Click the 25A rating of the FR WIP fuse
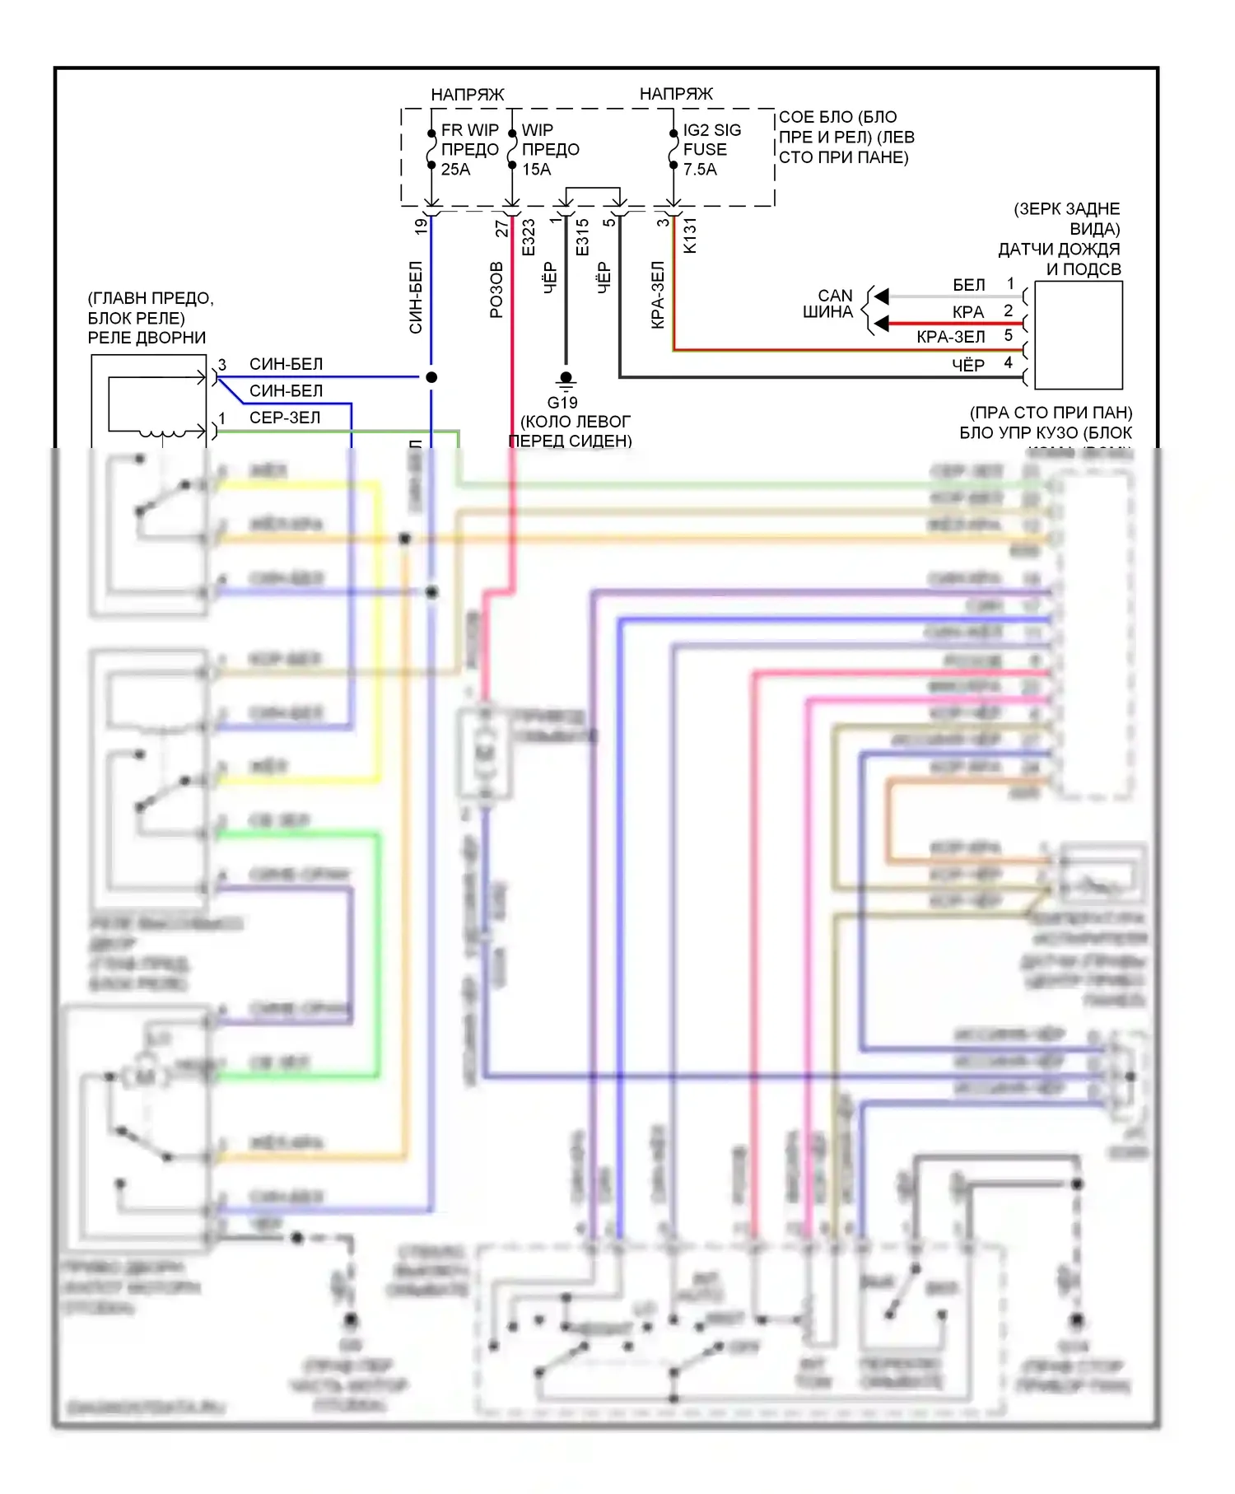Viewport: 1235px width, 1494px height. click(x=455, y=170)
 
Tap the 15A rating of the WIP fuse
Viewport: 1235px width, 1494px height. click(x=536, y=170)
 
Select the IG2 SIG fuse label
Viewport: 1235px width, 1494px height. click(x=711, y=130)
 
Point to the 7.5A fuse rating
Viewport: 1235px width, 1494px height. click(x=700, y=170)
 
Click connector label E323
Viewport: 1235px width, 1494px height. click(x=529, y=237)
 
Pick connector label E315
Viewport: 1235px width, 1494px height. click(x=583, y=237)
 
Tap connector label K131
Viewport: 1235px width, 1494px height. click(x=690, y=236)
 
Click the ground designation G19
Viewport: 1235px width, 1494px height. click(x=562, y=403)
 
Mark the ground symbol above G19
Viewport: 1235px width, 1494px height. click(x=566, y=380)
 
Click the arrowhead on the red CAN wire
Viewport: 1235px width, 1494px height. click(x=882, y=324)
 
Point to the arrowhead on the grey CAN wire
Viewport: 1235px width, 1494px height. click(x=882, y=296)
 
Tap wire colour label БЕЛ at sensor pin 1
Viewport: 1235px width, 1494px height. click(x=968, y=285)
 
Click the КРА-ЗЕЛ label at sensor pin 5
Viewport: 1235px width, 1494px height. click(x=950, y=337)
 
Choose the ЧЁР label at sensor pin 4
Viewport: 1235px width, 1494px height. click(x=968, y=365)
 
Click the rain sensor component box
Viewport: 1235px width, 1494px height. click(x=1078, y=335)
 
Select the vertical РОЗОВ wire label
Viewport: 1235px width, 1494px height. click(x=496, y=290)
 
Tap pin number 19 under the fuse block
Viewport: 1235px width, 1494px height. click(x=422, y=226)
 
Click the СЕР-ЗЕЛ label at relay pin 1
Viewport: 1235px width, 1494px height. click(x=285, y=418)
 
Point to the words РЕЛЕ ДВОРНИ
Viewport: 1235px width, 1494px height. click(x=147, y=338)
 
